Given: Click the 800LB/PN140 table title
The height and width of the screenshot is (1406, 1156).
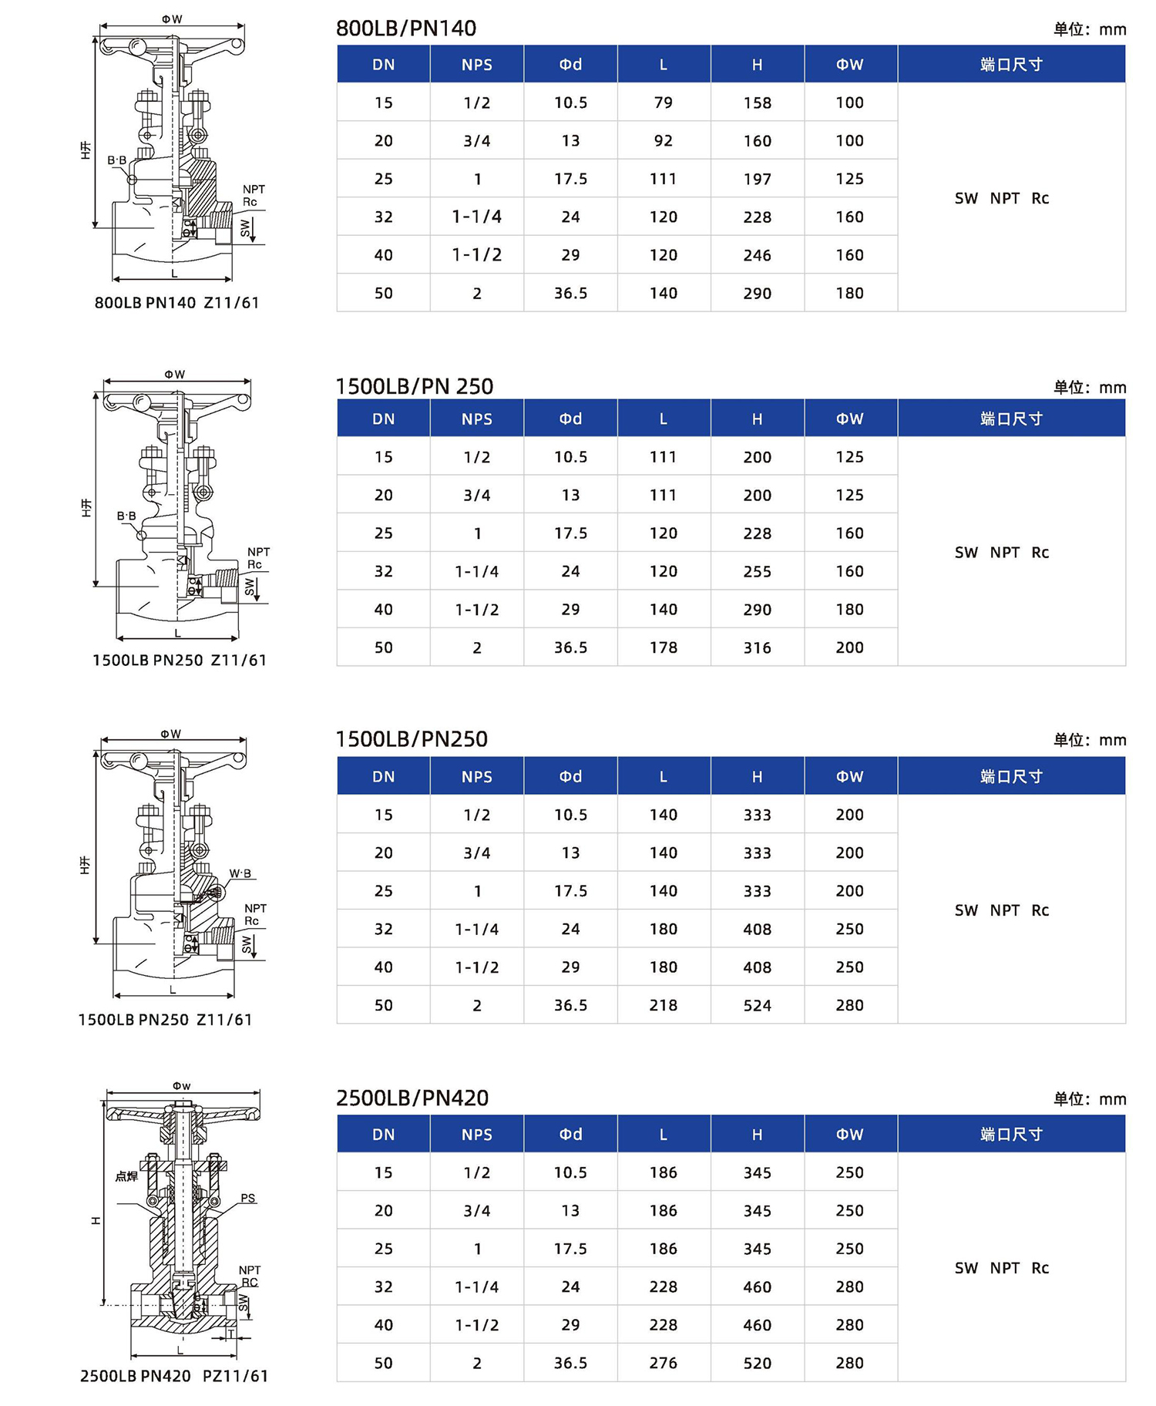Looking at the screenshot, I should [406, 29].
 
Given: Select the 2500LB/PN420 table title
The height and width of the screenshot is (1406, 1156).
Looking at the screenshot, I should [412, 1098].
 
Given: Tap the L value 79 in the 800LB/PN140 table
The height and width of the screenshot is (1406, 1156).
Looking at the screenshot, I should [663, 103].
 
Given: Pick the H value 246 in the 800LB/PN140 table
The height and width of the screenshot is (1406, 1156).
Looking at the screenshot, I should [757, 255].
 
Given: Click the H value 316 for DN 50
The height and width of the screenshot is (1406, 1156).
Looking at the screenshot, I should [757, 647].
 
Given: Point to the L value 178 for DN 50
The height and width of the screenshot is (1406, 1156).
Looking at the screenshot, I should [663, 647].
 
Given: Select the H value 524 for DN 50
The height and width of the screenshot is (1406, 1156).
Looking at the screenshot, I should [757, 1005].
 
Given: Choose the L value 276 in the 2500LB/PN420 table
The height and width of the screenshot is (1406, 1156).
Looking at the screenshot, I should [663, 1363].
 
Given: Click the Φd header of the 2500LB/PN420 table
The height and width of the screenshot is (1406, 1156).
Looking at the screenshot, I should [570, 1134].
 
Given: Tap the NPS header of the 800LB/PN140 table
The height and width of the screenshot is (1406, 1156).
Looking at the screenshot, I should [476, 65].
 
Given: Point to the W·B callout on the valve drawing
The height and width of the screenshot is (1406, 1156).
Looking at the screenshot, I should [240, 873].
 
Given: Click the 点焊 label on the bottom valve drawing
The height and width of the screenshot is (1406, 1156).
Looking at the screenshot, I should [126, 1176].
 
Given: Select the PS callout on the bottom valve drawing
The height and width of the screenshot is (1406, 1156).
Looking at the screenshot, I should [247, 1198].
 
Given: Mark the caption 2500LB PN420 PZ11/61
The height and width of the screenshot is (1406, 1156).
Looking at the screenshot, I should [174, 1376].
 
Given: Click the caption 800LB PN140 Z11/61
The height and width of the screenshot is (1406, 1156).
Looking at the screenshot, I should [176, 303].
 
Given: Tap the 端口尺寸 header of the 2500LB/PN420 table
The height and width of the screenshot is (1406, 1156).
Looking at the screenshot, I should [1011, 1134].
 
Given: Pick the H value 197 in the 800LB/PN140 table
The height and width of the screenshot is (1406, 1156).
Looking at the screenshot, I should [757, 179].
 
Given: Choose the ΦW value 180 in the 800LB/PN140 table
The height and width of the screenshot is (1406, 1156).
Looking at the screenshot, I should [849, 293].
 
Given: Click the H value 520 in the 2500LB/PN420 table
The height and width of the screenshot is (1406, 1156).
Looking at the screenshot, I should [757, 1363].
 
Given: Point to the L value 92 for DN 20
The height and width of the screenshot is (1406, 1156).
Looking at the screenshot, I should [663, 141].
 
